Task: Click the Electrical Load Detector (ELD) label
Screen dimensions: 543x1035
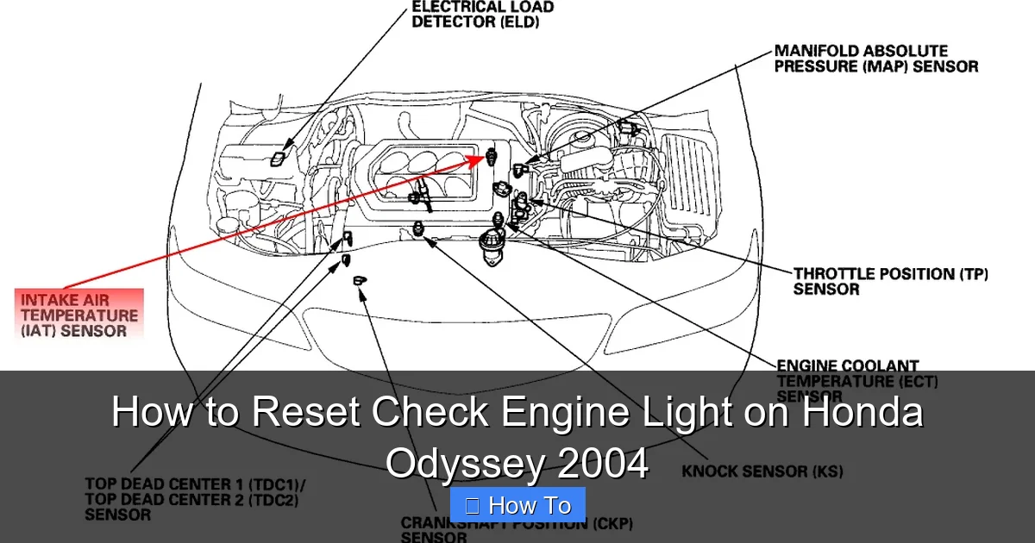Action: pos(482,15)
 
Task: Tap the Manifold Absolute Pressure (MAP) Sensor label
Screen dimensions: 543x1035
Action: pos(875,59)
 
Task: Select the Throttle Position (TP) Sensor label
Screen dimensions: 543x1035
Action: pos(890,282)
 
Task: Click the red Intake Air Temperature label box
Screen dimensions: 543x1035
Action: pos(79,314)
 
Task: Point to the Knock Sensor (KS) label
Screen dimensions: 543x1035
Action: pos(762,471)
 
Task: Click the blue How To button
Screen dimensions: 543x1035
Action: pos(517,506)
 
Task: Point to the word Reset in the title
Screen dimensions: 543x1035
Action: pos(307,412)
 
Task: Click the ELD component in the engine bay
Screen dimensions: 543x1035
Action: pos(277,158)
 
